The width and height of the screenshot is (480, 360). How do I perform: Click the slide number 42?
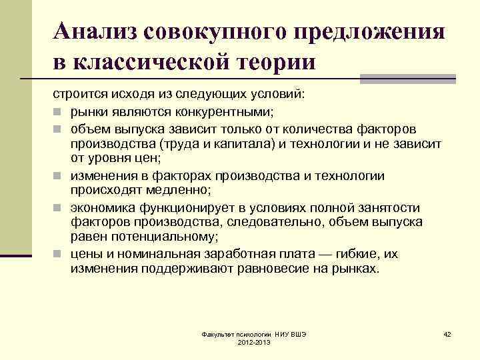click(447, 333)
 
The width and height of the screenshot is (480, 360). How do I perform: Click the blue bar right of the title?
click(408, 79)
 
